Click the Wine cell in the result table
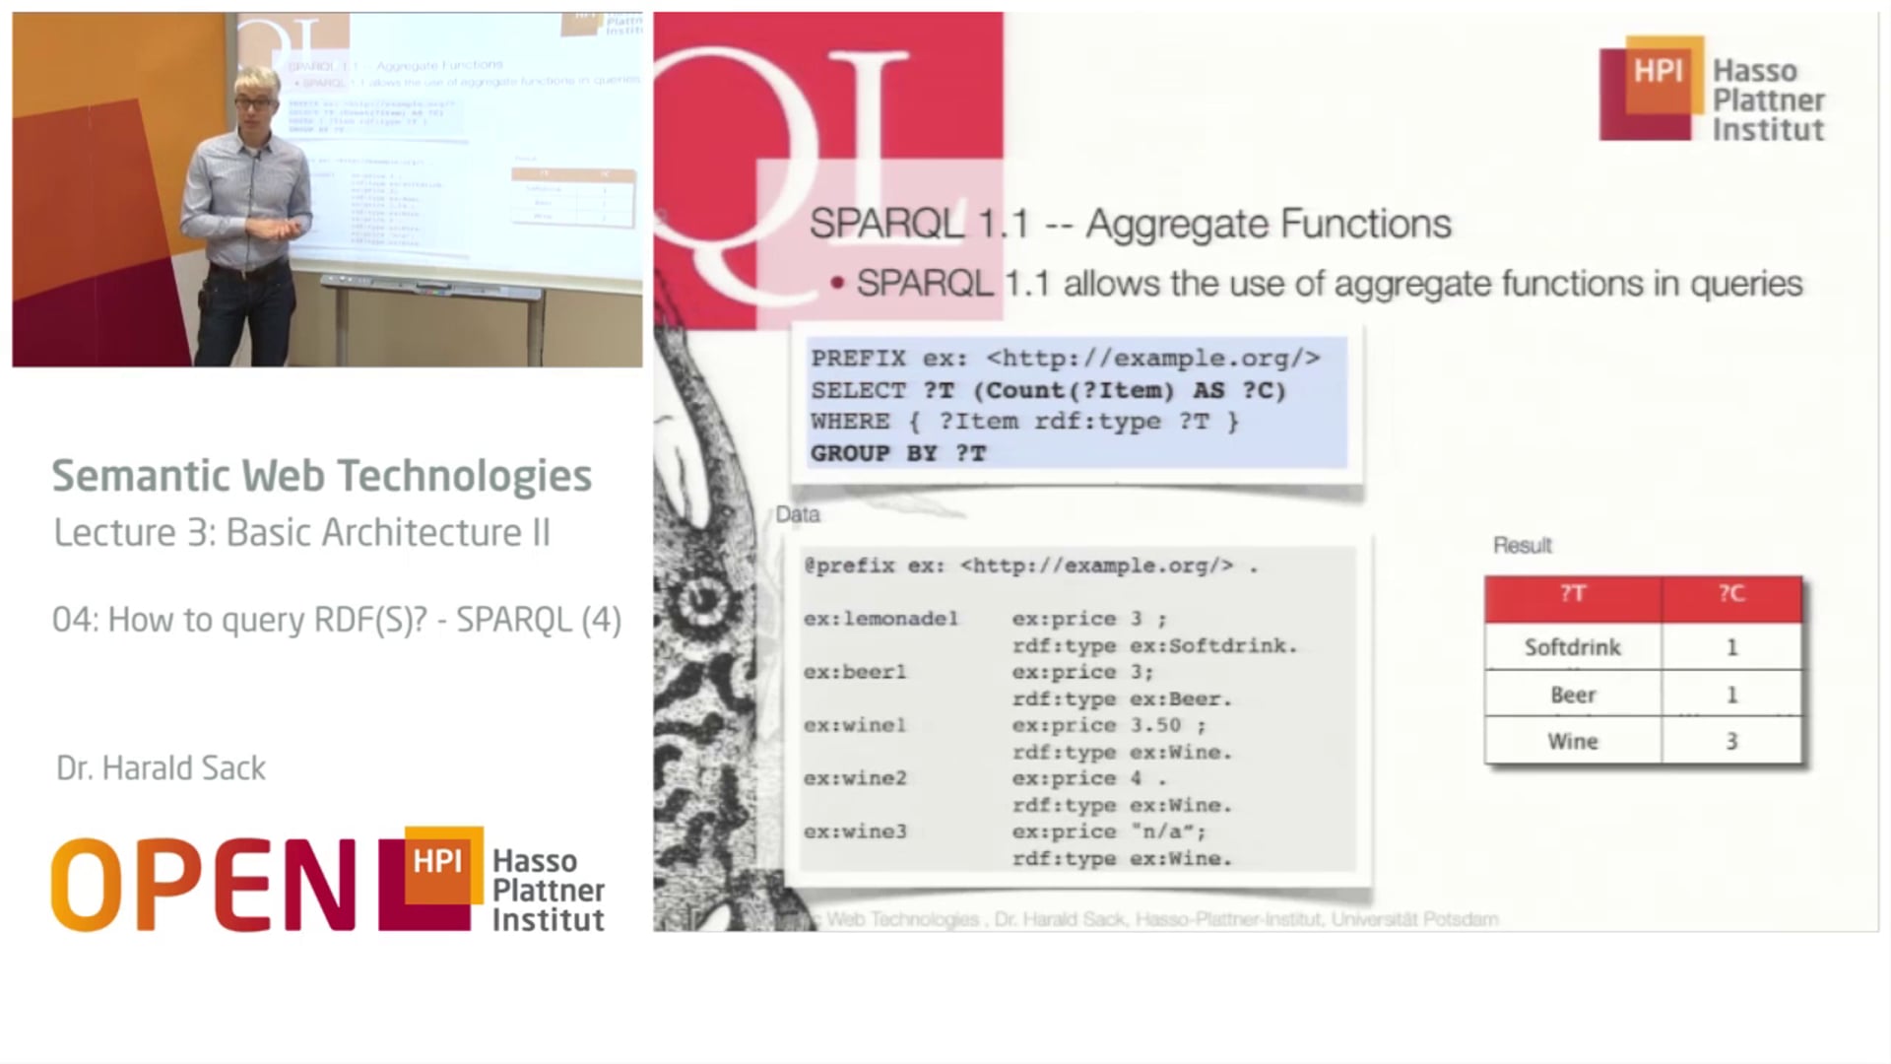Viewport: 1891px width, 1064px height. (x=1572, y=741)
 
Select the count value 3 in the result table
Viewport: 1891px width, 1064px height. (x=1731, y=741)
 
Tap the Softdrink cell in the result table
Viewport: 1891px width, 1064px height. (x=1572, y=647)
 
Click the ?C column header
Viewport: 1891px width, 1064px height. (x=1731, y=593)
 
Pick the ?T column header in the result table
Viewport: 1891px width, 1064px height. (x=1572, y=593)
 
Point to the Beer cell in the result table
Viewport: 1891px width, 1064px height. (x=1572, y=695)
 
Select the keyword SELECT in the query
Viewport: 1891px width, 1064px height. (x=858, y=390)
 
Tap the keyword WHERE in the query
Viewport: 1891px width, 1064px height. (x=850, y=422)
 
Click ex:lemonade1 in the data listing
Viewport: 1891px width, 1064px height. (x=880, y=619)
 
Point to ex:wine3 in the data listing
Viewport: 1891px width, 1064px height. (x=855, y=831)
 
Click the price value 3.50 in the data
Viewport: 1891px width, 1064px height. (x=1155, y=725)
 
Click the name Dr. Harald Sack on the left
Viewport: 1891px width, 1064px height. (x=161, y=768)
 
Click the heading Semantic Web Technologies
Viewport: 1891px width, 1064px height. (x=321, y=476)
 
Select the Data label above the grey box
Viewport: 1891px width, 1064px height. (x=798, y=514)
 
